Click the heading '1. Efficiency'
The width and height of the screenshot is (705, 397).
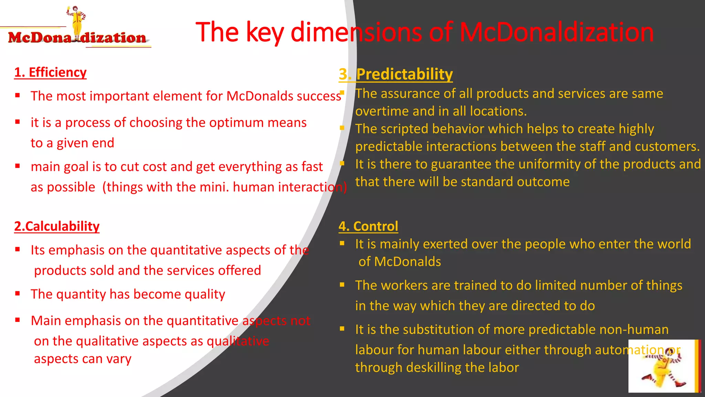50,72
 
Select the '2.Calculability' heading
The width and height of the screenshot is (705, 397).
57,226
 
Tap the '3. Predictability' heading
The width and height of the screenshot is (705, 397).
396,74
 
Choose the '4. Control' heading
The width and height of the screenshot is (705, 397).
368,226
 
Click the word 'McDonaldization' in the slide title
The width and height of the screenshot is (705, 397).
557,32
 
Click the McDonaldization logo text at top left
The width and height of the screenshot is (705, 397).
77,38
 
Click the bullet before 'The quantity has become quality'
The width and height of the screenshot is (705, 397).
18,294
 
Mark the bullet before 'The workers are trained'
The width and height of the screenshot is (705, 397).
342,285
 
